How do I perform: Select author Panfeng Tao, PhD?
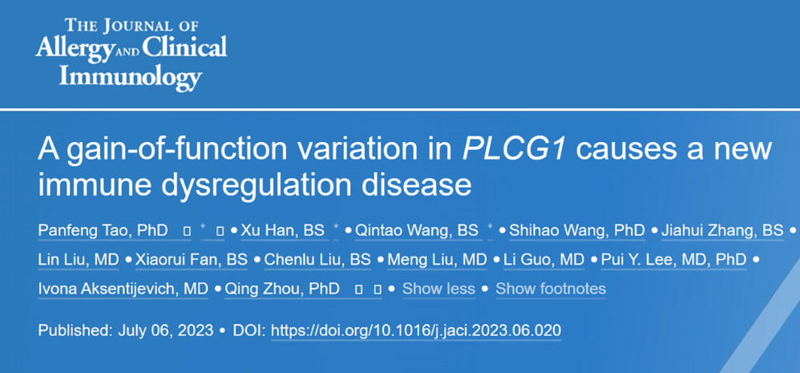(x=103, y=231)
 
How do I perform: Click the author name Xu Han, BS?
(x=282, y=231)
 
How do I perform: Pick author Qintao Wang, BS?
(x=416, y=231)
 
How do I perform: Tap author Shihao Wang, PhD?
(x=577, y=231)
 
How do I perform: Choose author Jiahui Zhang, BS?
(x=722, y=231)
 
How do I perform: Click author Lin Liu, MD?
(x=78, y=260)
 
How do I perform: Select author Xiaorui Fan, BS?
(x=192, y=260)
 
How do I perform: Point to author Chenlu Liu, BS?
(x=317, y=260)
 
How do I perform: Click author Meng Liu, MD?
(x=437, y=260)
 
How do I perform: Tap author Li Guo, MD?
(x=543, y=260)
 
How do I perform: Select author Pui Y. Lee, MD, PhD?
(x=674, y=260)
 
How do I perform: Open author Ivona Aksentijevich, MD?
(x=123, y=289)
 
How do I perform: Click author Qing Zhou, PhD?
(x=282, y=289)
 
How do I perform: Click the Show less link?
(x=438, y=289)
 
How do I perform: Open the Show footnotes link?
(x=551, y=289)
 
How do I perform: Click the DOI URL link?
(x=416, y=330)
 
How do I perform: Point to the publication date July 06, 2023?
(x=165, y=330)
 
